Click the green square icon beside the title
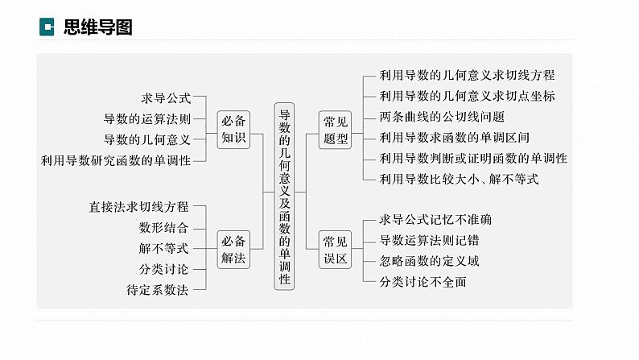[47, 27]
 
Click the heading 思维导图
[98, 27]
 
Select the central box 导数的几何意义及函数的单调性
[284, 197]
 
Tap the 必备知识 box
[233, 129]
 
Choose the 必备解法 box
[233, 250]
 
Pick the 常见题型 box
[335, 130]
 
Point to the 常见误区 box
[335, 250]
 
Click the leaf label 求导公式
[166, 97]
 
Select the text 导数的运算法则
[147, 118]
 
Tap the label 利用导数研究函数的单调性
[116, 160]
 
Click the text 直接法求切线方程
[138, 207]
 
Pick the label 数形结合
[163, 227]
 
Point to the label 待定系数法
[157, 290]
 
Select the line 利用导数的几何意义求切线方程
[467, 75]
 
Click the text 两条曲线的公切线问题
[442, 117]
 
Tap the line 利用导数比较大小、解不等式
[460, 179]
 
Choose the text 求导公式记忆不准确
[435, 220]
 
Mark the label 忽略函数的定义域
[429, 261]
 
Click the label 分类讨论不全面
[423, 282]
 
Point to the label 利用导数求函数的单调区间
[455, 138]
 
